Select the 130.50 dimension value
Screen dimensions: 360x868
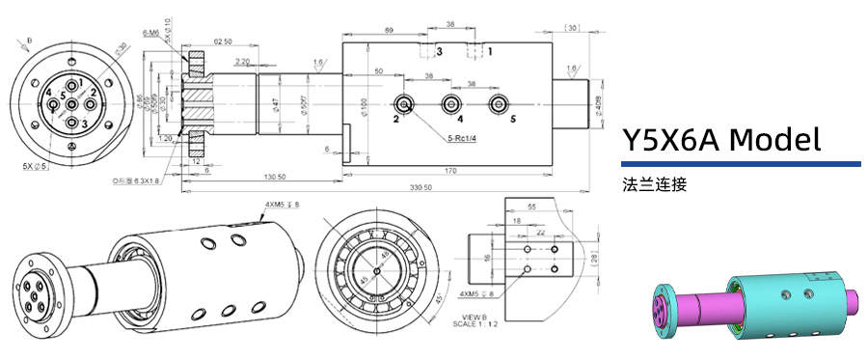click(x=276, y=177)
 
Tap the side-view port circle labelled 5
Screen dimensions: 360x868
click(x=498, y=103)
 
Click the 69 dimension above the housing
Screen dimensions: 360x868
click(x=388, y=32)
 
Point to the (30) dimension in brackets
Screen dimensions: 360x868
click(x=572, y=28)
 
